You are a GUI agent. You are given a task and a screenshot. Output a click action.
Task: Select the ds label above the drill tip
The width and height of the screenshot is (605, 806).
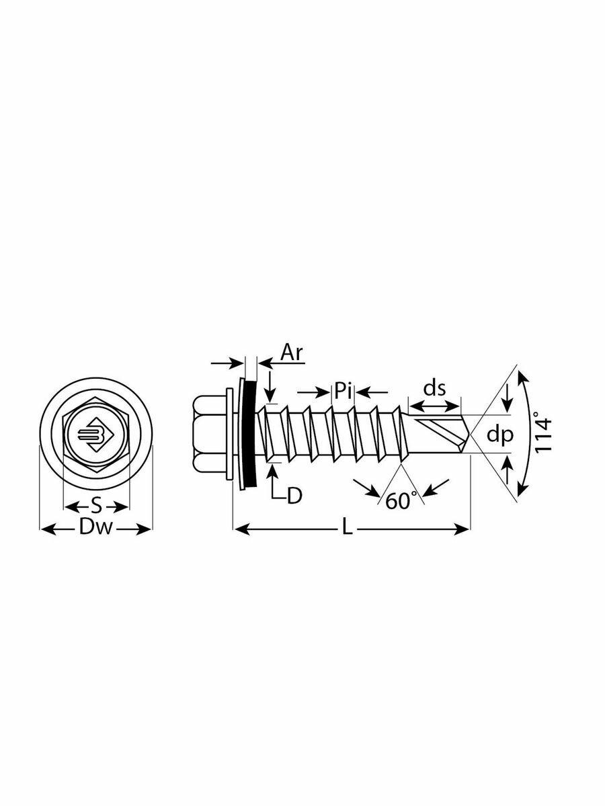coord(435,388)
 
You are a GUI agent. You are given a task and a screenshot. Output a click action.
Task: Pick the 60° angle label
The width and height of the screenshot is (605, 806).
coord(401,500)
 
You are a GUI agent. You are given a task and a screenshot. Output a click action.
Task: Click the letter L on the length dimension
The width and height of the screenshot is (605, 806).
coord(347,529)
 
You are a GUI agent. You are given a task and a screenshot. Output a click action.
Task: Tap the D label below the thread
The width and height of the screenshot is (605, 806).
coord(294,496)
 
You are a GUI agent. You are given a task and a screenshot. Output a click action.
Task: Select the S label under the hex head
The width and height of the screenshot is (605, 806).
coord(95,505)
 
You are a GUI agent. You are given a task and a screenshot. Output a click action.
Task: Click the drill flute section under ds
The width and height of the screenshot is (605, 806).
coord(437,430)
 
